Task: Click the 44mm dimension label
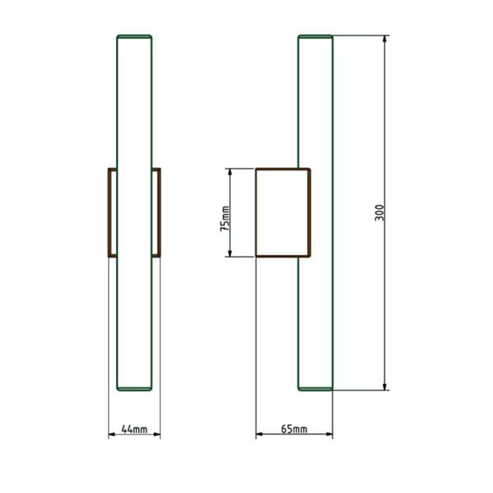pos(134,429)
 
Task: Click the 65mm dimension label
pos(294,429)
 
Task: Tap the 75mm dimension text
pos(225,218)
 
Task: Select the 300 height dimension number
pos(380,213)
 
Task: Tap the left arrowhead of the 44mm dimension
pos(112,434)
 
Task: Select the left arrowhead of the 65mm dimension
pos(259,434)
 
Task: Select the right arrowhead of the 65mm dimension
pos(329,434)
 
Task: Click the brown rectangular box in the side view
pos(283,212)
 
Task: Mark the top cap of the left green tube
pos(134,37)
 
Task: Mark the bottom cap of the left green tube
pos(134,388)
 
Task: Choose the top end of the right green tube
pos(316,37)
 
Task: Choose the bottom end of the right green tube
pos(316,388)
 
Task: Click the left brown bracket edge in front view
pos(110,212)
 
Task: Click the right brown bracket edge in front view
pos(158,212)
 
